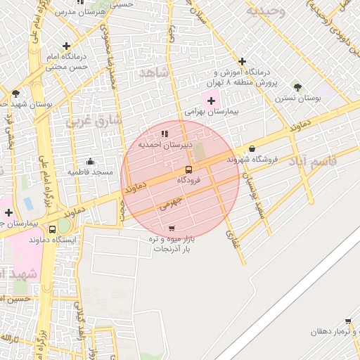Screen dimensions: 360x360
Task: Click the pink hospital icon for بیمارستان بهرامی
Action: (x=211, y=101)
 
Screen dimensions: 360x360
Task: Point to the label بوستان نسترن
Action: (x=297, y=98)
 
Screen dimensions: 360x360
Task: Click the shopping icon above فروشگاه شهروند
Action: (x=252, y=148)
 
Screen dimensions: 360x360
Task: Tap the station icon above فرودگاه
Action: (x=188, y=169)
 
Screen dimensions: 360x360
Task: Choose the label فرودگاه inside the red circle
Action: (x=188, y=181)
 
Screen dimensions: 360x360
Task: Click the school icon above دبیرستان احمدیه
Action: (x=165, y=134)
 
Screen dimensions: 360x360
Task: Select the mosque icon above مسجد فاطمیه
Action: (x=89, y=161)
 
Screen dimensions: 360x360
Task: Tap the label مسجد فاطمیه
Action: (x=90, y=172)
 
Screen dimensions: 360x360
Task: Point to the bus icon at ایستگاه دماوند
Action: (x=53, y=229)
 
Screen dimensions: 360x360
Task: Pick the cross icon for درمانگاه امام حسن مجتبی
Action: (x=67, y=46)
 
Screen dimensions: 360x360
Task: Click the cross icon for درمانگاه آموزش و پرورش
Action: (x=243, y=62)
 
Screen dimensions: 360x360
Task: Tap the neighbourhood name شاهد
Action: (x=155, y=73)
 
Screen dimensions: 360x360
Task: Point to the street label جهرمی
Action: (x=170, y=203)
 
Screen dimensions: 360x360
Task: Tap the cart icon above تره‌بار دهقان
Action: (x=348, y=321)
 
